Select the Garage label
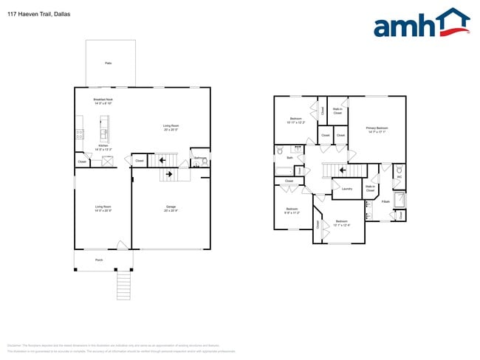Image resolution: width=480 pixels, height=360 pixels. coord(171,207)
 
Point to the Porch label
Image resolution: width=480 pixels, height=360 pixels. coord(99,260)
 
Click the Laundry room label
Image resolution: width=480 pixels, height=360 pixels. coord(346,189)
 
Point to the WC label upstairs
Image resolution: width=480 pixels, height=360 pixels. coord(399,177)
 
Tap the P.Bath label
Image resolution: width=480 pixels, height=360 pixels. coord(385,201)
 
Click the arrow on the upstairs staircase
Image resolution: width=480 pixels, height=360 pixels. coord(342,171)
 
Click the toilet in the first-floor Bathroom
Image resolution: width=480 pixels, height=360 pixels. coord(197,164)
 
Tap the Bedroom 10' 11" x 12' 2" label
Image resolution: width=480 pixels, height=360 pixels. coord(295,120)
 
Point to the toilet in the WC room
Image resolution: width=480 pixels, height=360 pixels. coord(399,168)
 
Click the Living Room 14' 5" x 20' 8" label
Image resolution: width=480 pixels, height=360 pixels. coord(103,207)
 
